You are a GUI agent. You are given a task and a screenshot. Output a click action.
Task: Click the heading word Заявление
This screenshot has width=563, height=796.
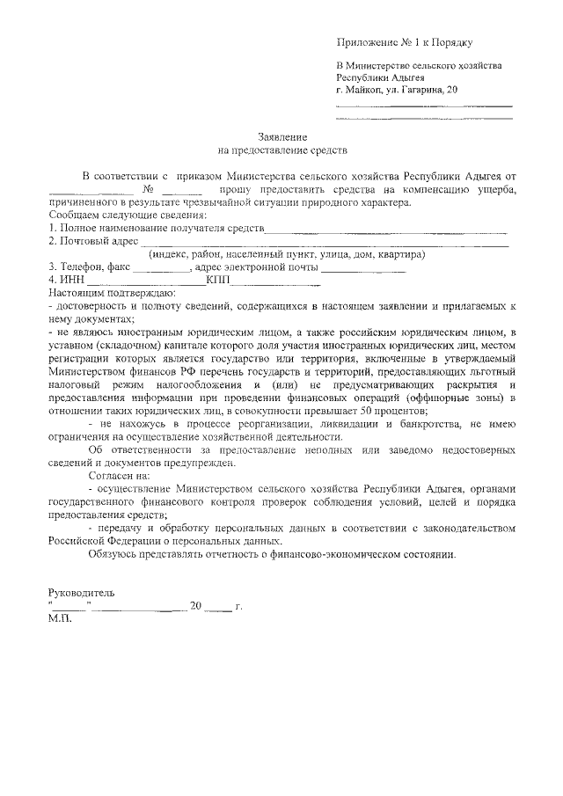click(282, 138)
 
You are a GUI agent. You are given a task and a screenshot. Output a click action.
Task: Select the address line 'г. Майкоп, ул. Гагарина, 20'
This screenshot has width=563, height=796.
click(397, 90)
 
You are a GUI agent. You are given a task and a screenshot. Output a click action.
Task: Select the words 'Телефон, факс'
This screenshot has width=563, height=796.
click(93, 267)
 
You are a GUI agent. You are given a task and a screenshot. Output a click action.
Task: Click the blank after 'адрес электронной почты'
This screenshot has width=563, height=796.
click(362, 268)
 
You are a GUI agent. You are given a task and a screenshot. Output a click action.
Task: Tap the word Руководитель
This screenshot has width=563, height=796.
click(81, 594)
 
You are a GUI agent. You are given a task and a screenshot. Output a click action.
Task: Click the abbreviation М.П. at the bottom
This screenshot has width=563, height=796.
click(62, 618)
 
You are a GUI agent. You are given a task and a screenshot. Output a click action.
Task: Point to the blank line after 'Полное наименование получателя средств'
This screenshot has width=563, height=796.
click(387, 230)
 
